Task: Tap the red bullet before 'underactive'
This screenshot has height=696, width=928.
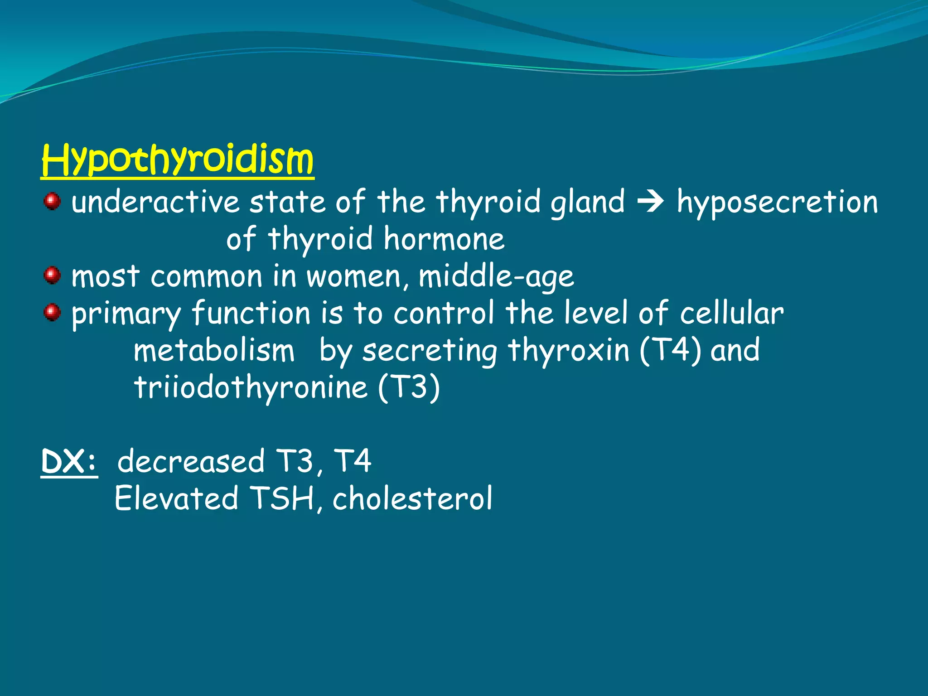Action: point(52,201)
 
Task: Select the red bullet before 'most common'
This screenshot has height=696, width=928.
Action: point(52,275)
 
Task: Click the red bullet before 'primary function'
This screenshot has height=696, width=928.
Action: point(52,312)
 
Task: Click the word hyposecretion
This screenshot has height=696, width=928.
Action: point(777,203)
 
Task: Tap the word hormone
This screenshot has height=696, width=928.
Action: point(444,239)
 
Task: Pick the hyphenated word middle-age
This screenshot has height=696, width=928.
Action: point(496,276)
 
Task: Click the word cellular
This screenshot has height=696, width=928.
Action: point(731,313)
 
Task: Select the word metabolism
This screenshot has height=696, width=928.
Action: point(214,351)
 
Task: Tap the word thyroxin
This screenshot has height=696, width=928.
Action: point(568,351)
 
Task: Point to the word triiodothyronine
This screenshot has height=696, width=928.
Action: point(250,388)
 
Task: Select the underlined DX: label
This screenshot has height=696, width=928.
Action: point(69,462)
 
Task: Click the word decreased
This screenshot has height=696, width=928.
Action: point(191,462)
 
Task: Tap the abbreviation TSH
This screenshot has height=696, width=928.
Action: point(282,498)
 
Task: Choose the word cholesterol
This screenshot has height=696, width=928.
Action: point(412,498)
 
